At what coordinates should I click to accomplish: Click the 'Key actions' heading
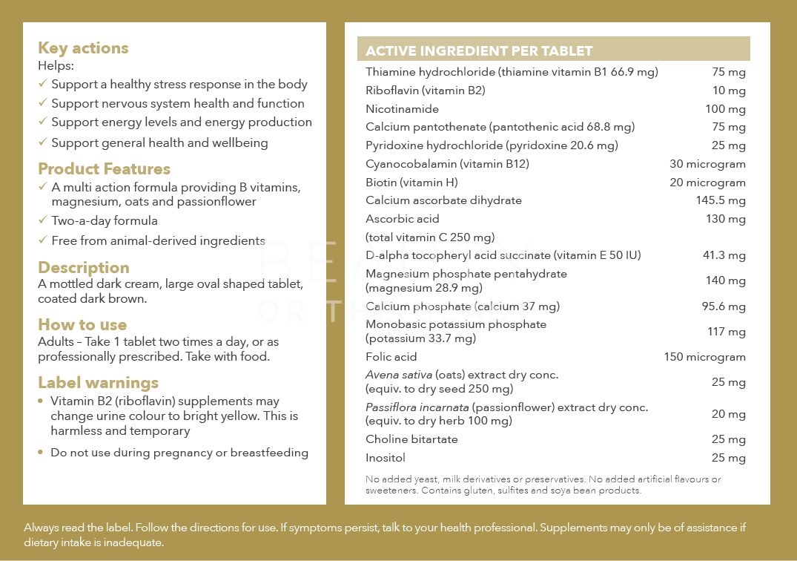tap(83, 48)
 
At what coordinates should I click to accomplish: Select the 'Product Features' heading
tap(104, 169)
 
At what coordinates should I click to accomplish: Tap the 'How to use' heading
tap(82, 325)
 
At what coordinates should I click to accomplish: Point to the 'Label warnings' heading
tap(98, 383)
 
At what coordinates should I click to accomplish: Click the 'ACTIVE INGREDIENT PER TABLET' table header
tap(479, 51)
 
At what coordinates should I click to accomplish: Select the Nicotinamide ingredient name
tap(402, 109)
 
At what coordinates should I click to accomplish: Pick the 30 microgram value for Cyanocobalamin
tap(707, 164)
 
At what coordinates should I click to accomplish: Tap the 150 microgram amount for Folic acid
tap(704, 357)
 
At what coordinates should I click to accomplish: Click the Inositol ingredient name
tap(386, 458)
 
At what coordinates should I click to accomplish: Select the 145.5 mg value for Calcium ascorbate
tap(721, 200)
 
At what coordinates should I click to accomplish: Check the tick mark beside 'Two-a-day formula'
tap(43, 220)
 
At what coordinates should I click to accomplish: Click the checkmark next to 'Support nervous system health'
tap(43, 103)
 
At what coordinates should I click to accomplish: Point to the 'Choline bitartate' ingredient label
tap(411, 439)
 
